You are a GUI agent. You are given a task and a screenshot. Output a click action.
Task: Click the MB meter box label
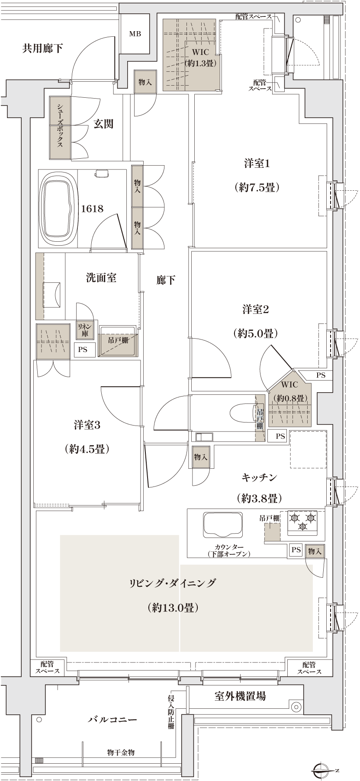click(134, 34)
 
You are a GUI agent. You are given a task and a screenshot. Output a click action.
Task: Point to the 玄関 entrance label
click(104, 125)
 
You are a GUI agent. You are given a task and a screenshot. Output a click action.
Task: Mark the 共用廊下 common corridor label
click(42, 48)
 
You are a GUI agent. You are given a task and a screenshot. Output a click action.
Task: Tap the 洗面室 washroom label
click(101, 278)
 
